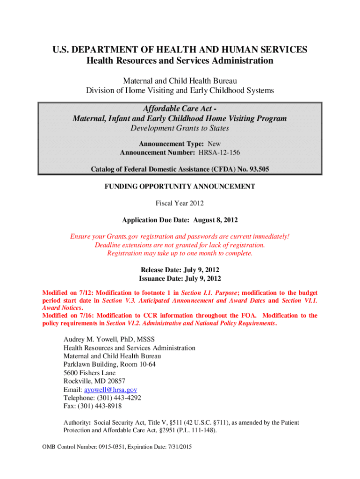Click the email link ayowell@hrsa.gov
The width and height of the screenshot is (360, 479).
tap(110, 389)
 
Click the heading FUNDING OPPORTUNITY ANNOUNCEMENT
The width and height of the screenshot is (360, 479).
tap(180, 186)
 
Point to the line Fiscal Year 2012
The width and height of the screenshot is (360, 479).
tap(180, 203)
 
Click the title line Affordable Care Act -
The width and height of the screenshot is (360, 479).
tap(180, 109)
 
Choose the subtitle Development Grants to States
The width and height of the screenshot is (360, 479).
tap(180, 128)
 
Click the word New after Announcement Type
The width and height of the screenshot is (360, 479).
tap(214, 144)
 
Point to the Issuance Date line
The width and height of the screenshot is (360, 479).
tap(180, 279)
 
